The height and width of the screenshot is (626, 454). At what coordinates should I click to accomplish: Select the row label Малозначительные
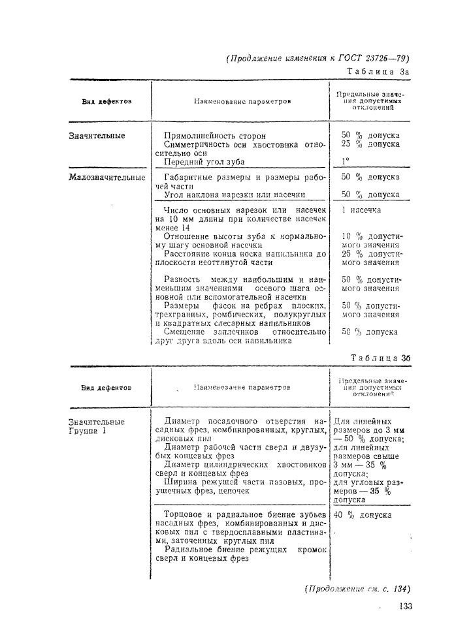[106, 177]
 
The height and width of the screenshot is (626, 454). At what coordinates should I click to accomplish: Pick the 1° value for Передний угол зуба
[346, 161]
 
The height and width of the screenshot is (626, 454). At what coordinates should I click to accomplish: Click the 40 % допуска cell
[363, 514]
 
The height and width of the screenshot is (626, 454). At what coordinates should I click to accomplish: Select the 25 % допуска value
[370, 144]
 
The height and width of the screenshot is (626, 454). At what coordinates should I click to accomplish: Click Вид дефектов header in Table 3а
[106, 102]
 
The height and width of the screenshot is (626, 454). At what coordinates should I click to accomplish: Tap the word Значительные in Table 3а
[97, 136]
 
